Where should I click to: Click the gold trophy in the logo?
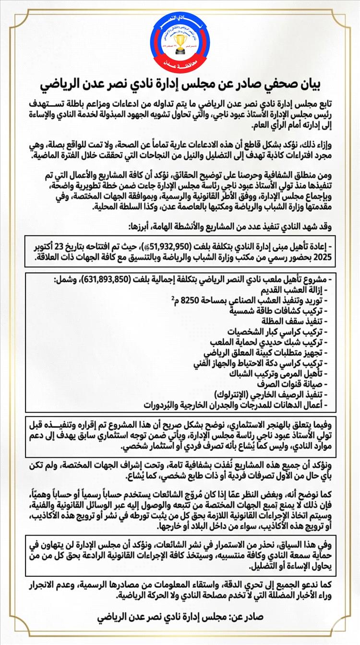[x=180, y=39]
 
